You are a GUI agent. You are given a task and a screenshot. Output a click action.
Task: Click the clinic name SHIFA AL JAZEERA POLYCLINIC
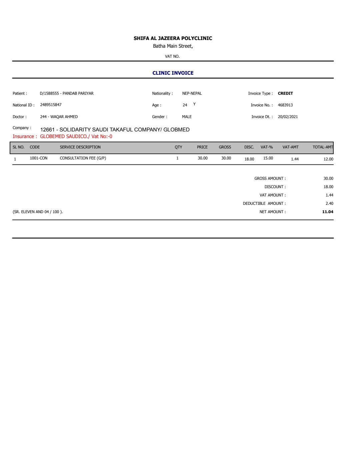(173, 38)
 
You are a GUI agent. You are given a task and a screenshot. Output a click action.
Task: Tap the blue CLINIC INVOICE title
(173, 73)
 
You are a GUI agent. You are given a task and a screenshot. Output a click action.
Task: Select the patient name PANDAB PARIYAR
(78, 93)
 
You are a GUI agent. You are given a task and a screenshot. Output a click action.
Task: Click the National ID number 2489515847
(51, 105)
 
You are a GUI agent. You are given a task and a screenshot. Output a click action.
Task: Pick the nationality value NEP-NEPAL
(192, 93)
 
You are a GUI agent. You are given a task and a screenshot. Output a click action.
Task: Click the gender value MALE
(187, 117)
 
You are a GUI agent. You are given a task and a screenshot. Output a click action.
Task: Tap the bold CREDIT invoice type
(285, 93)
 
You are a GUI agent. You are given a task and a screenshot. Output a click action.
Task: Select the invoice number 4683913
(285, 105)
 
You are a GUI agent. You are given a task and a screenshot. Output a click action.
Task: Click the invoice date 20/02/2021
(288, 117)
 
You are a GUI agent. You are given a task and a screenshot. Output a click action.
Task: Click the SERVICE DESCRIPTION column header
(80, 147)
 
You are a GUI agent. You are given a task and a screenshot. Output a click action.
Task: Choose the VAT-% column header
(267, 147)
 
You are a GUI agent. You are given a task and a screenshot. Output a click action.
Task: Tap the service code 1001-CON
(39, 158)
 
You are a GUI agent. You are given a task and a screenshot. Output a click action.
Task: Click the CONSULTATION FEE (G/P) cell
(83, 158)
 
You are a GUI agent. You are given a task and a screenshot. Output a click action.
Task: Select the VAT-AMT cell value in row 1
(295, 159)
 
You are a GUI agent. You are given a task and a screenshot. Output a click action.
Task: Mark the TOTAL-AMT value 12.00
(328, 159)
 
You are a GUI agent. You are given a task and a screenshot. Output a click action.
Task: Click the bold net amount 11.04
(328, 212)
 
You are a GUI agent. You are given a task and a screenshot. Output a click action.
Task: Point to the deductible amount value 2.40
(329, 203)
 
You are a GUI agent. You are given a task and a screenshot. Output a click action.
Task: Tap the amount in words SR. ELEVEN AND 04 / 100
(38, 212)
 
